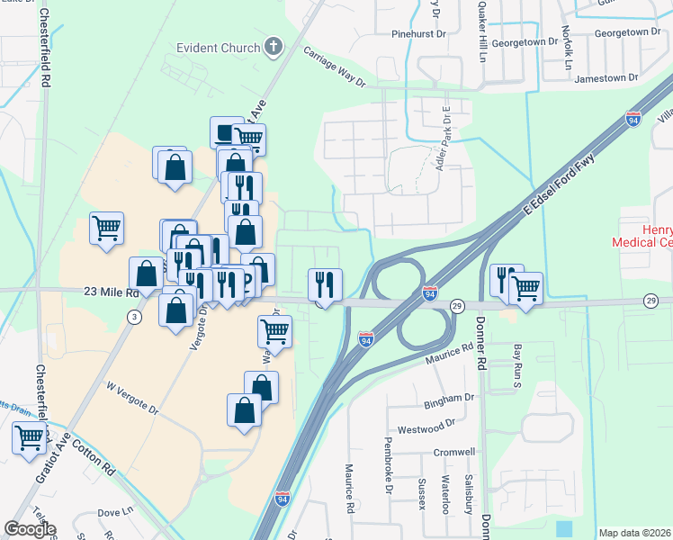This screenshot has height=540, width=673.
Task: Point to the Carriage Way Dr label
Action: click(x=334, y=67)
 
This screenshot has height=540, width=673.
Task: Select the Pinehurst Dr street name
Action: click(x=418, y=33)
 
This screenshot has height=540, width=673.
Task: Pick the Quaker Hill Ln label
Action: click(x=481, y=27)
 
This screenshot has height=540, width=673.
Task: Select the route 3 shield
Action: click(x=134, y=316)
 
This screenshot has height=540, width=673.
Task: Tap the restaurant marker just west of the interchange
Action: click(x=324, y=284)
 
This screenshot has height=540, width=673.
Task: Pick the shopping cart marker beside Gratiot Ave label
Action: click(x=29, y=437)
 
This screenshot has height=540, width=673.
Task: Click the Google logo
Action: click(x=30, y=529)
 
